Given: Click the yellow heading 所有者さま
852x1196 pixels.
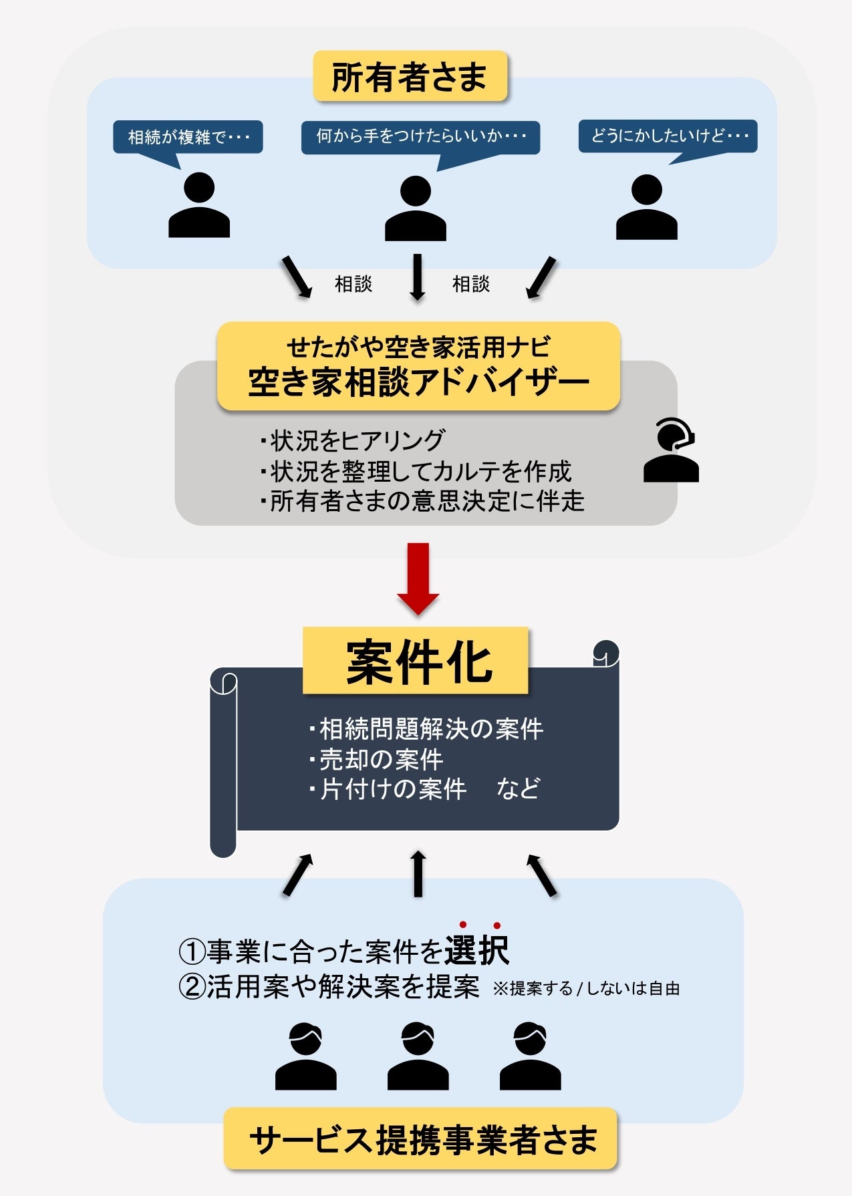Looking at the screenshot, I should [410, 77].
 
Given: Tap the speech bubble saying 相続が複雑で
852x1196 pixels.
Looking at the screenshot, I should [188, 137].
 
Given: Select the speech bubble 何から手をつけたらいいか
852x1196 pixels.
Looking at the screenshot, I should [420, 137].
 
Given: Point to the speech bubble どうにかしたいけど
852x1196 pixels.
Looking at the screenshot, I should [668, 136].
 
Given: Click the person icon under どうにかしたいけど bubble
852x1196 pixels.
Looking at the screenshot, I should [646, 207].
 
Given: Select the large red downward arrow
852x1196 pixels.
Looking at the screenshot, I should [418, 578].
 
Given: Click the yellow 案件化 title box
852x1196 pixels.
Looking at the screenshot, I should [416, 661].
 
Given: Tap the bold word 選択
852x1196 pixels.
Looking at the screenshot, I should [477, 950].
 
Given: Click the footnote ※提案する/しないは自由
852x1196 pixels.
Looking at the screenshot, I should [586, 988].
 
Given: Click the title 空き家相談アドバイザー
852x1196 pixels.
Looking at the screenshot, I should [418, 383].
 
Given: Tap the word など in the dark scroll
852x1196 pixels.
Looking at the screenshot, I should [518, 789].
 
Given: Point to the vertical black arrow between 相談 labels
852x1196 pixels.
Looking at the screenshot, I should [418, 277].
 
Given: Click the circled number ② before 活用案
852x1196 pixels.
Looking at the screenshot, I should [192, 987].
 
